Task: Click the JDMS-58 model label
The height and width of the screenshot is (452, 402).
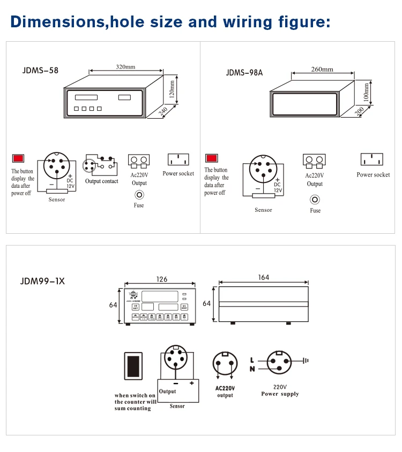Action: [x=41, y=70]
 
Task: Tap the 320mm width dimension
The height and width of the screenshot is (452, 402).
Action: [x=125, y=67]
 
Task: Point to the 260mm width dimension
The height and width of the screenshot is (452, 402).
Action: [x=322, y=69]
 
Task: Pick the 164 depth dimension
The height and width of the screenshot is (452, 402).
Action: [x=263, y=277]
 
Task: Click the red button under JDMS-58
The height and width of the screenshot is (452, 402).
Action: [x=18, y=158]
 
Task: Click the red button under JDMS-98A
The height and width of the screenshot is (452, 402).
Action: [x=211, y=158]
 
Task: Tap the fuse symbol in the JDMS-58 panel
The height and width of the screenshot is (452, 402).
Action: [x=139, y=195]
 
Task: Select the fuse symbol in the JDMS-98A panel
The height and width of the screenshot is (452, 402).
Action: [x=315, y=200]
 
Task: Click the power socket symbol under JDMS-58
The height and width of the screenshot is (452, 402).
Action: [x=178, y=159]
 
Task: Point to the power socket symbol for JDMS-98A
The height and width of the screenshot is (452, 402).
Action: [x=371, y=159]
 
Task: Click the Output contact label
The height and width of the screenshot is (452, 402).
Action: [x=102, y=181]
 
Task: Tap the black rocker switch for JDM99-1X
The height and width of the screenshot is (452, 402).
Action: [x=133, y=366]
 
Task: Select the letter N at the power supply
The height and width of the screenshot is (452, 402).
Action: [x=252, y=369]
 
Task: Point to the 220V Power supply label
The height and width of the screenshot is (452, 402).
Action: [x=280, y=390]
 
